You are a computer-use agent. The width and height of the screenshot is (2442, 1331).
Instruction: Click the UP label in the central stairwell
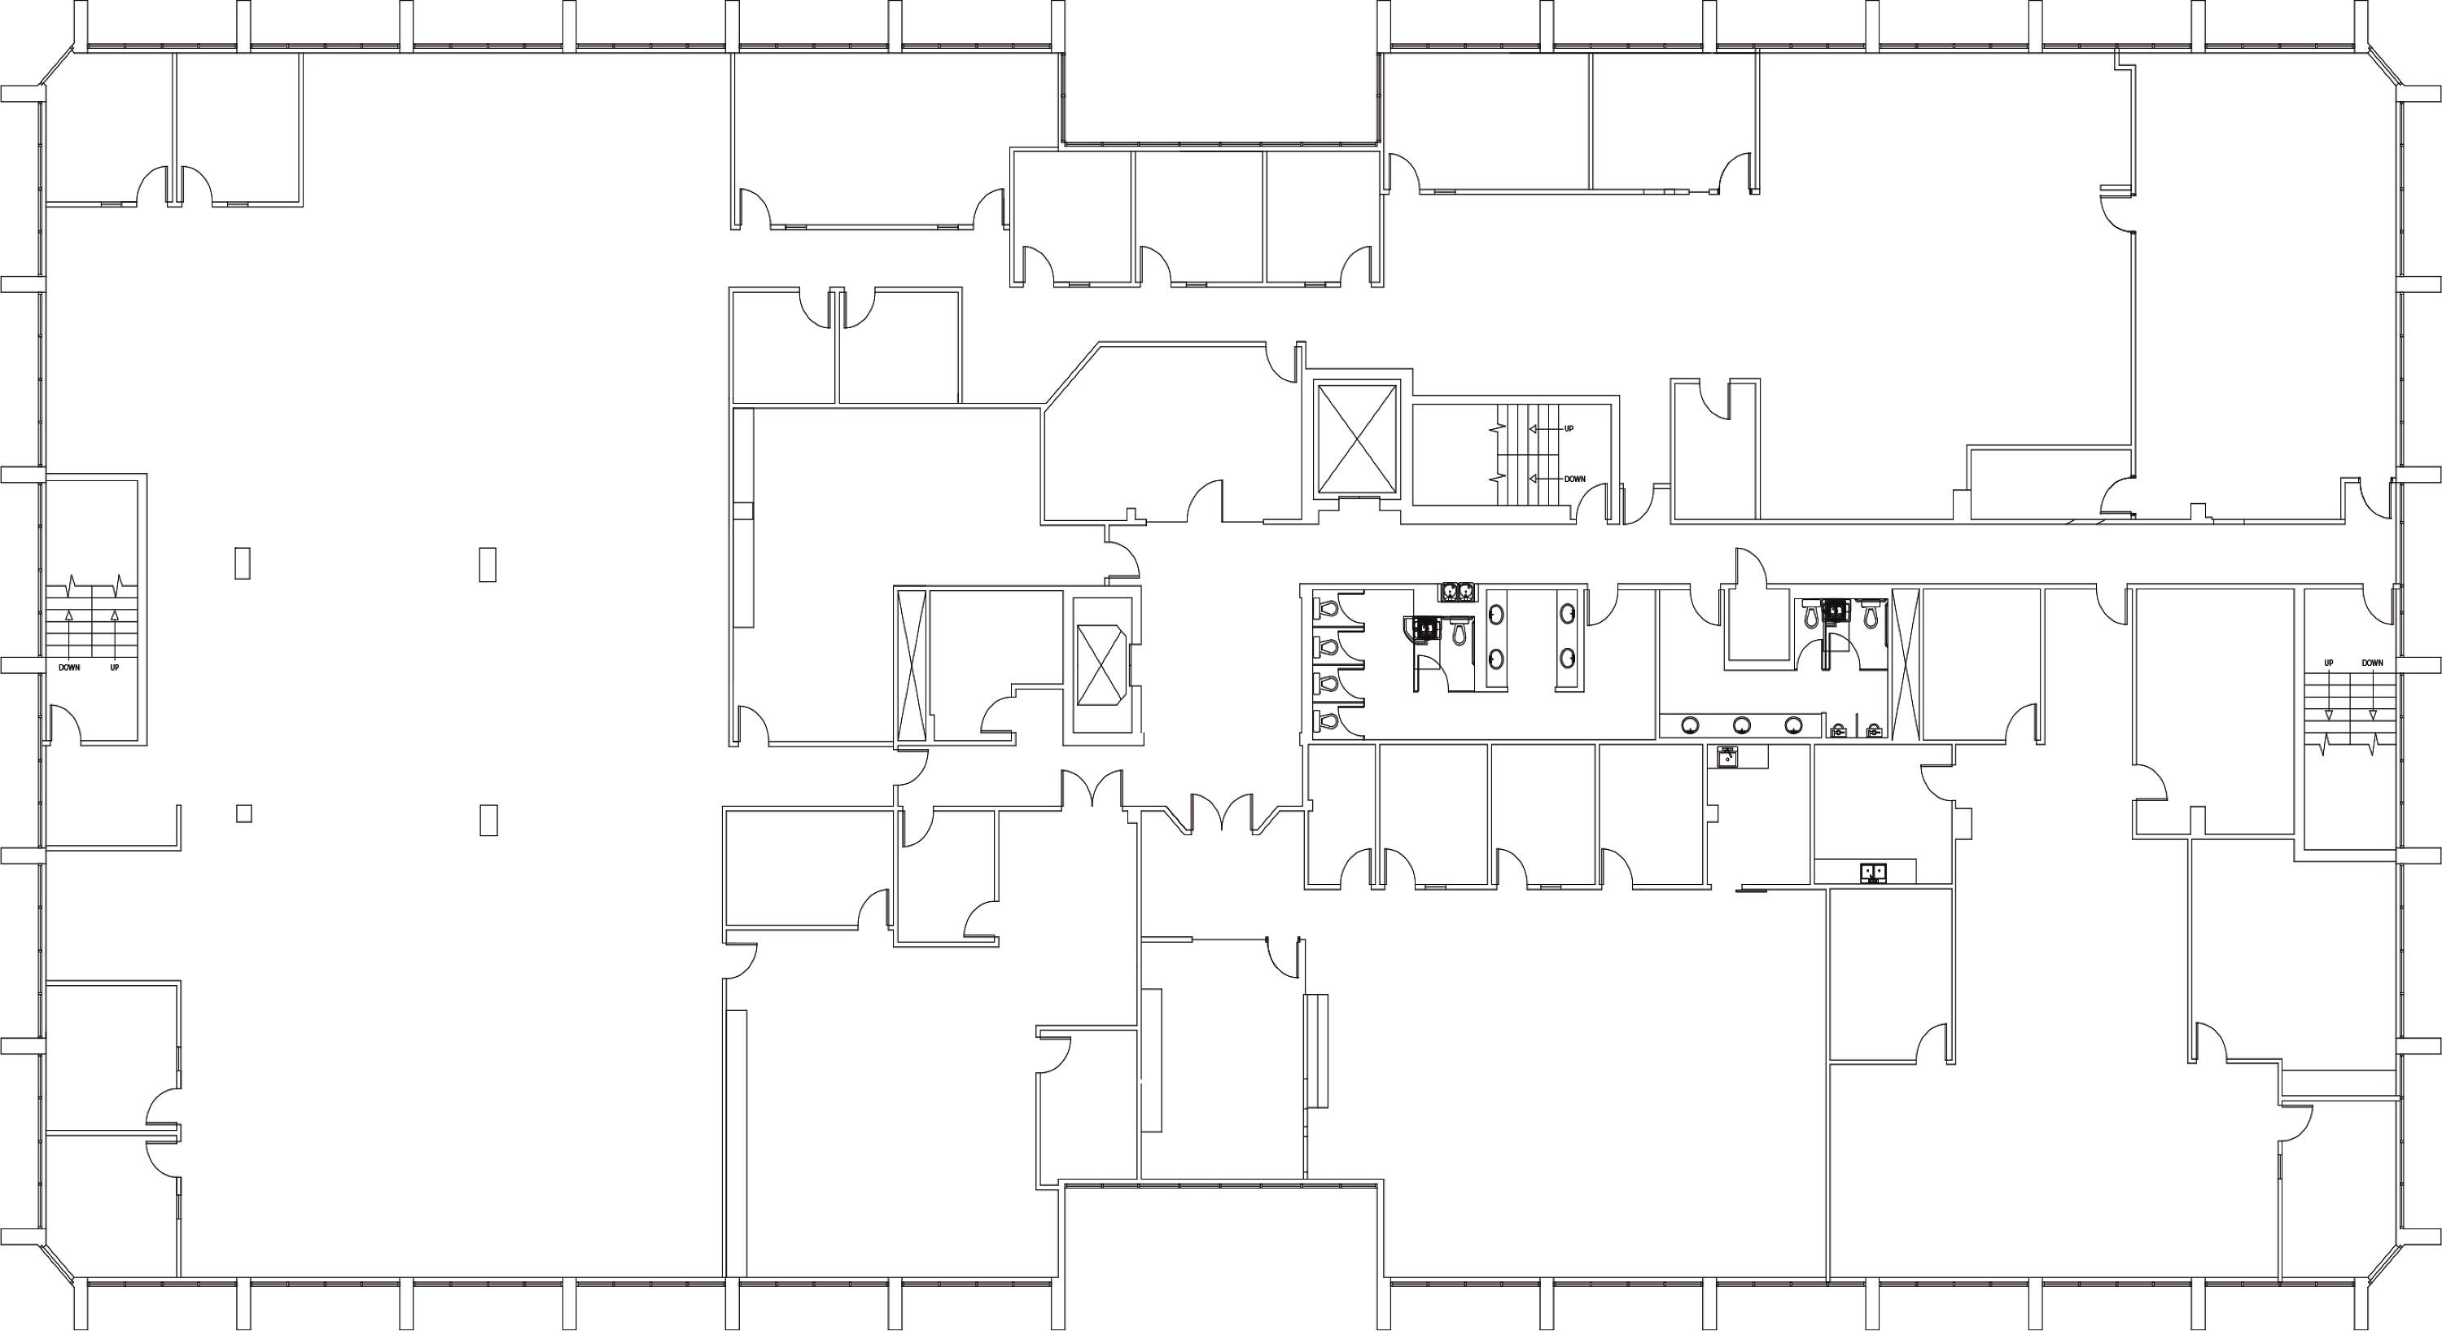coord(1569,428)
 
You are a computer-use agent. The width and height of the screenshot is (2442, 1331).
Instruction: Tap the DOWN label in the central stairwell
coord(1574,479)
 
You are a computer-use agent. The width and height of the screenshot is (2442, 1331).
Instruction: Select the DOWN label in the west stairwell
coord(69,668)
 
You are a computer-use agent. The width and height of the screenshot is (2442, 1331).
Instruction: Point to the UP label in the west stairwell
coord(115,668)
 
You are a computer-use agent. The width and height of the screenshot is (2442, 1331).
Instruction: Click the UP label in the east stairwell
coord(2328,663)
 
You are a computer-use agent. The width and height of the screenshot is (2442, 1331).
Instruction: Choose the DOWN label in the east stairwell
coord(2373,663)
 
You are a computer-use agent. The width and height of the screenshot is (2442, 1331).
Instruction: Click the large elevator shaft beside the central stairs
coord(1357,439)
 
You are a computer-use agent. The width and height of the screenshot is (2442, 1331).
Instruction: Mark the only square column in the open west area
coord(243,813)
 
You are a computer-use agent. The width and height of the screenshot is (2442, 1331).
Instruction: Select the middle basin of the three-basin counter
coord(1741,725)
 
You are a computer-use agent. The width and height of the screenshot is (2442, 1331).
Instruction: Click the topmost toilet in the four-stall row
coord(1328,606)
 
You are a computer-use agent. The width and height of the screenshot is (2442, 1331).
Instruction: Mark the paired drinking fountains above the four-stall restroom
coord(1459,592)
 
